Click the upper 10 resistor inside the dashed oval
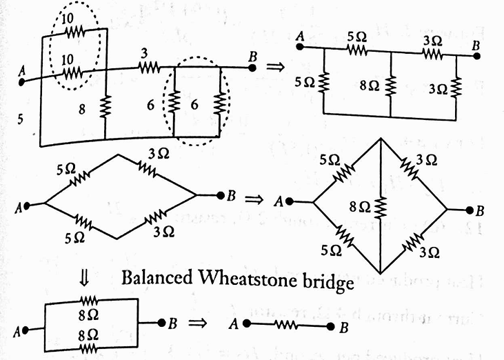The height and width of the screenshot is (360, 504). click(73, 31)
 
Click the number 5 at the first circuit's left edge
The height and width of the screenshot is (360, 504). click(22, 119)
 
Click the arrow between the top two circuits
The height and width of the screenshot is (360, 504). click(276, 68)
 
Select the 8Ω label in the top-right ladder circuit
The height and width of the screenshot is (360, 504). click(370, 86)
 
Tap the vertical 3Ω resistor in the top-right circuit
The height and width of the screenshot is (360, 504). click(457, 86)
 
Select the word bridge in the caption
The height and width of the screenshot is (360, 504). click(328, 281)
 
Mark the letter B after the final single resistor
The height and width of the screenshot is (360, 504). click(343, 327)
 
